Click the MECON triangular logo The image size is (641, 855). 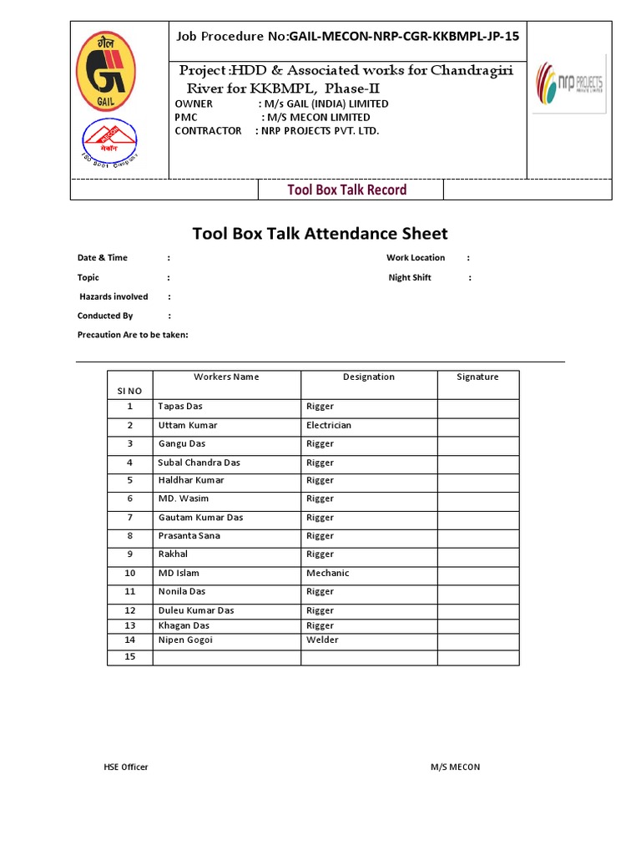click(x=109, y=140)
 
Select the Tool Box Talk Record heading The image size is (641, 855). click(x=346, y=190)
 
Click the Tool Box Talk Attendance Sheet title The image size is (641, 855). click(x=320, y=234)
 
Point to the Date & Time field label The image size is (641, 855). click(x=103, y=258)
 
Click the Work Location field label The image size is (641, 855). click(x=416, y=258)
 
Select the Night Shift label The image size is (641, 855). click(x=410, y=278)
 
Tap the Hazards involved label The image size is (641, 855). click(x=114, y=296)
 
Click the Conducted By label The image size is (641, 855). click(x=105, y=316)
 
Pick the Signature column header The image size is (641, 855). click(x=477, y=377)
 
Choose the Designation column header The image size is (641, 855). click(x=369, y=377)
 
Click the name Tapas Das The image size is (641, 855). click(x=180, y=407)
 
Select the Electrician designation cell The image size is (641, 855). click(x=329, y=426)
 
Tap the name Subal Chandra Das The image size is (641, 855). click(x=199, y=463)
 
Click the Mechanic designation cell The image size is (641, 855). click(x=327, y=574)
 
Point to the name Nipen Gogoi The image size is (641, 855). click(x=185, y=640)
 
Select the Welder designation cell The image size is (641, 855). click(x=322, y=640)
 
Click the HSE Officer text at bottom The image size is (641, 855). click(x=120, y=766)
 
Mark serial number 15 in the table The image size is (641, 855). click(x=129, y=657)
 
